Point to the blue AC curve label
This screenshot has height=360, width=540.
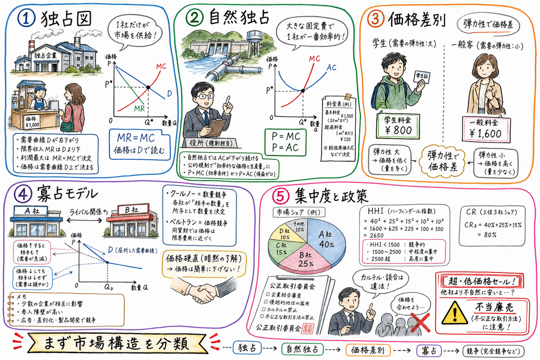pos(333,68)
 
